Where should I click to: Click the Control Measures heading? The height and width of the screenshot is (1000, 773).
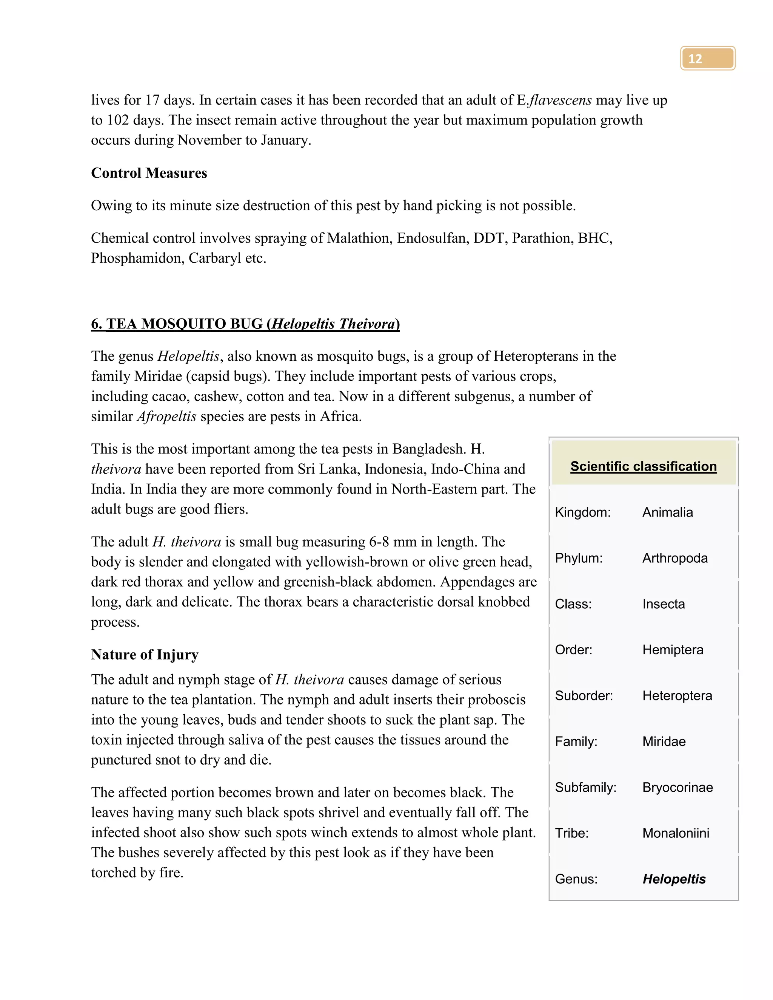149,173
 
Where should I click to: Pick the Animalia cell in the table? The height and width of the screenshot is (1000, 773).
667,512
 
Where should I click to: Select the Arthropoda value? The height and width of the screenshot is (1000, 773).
674,558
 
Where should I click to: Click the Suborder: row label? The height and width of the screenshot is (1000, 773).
584,695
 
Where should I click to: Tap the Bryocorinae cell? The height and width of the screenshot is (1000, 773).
677,787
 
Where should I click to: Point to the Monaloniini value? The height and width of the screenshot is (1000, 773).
676,833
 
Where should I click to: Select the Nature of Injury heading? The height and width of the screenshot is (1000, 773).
145,654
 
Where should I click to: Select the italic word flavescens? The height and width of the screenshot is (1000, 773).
560,100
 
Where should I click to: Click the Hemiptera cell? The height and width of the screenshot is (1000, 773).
672,649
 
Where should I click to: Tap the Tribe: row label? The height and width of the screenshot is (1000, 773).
571,833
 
